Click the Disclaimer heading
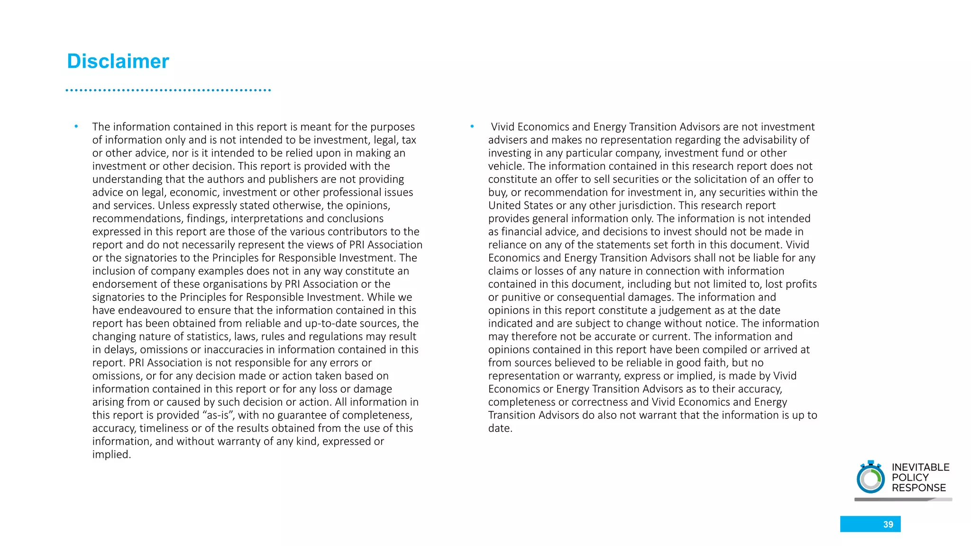(x=118, y=62)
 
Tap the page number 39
(x=888, y=524)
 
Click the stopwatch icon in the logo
(x=870, y=478)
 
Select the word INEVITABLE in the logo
(x=920, y=467)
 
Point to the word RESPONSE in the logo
(x=918, y=488)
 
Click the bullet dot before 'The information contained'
(x=76, y=127)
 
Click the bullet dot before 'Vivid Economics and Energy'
(x=472, y=127)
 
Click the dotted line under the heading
(x=168, y=90)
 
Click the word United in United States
(x=504, y=206)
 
